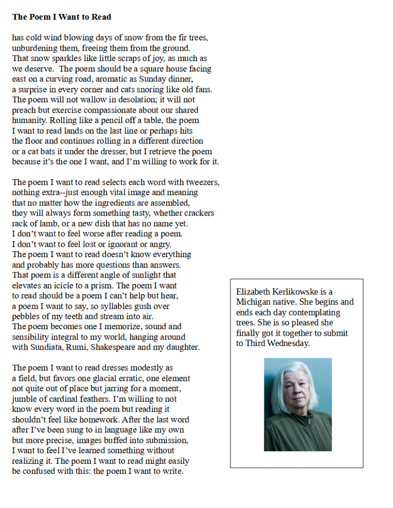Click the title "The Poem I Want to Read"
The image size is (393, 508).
[x=62, y=17]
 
